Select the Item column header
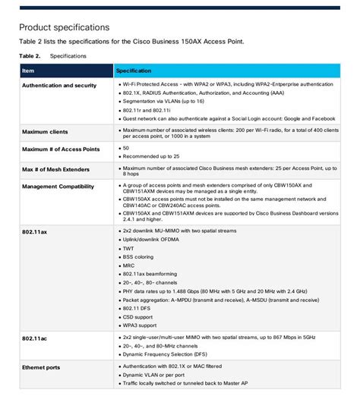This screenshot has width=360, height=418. click(x=28, y=71)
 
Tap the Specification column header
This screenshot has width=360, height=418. click(x=133, y=71)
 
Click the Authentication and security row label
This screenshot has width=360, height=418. click(x=59, y=86)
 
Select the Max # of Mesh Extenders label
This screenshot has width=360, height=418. click(x=55, y=168)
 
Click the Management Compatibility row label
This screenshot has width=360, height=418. click(x=58, y=186)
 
